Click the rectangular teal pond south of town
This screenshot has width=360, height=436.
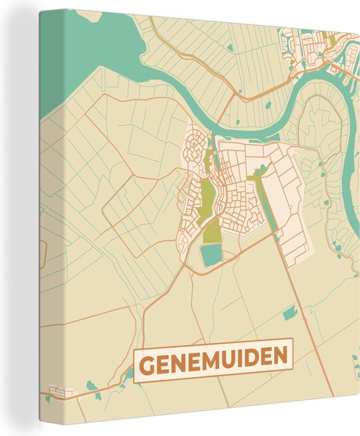(x=211, y=254)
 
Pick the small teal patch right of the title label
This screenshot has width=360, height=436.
(x=289, y=315)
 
